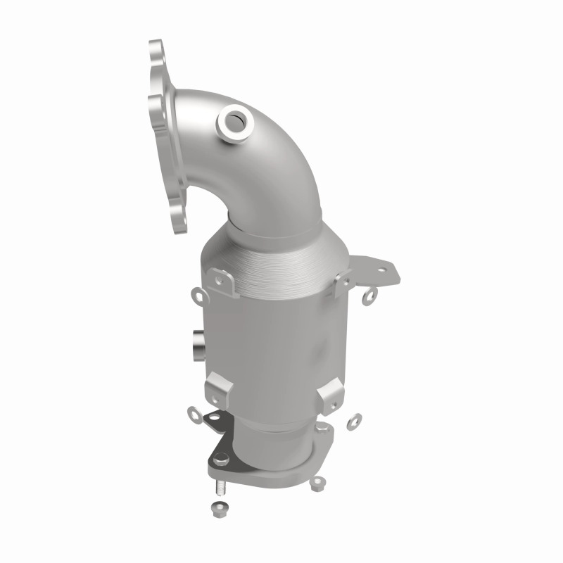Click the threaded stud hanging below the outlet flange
[217, 487]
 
